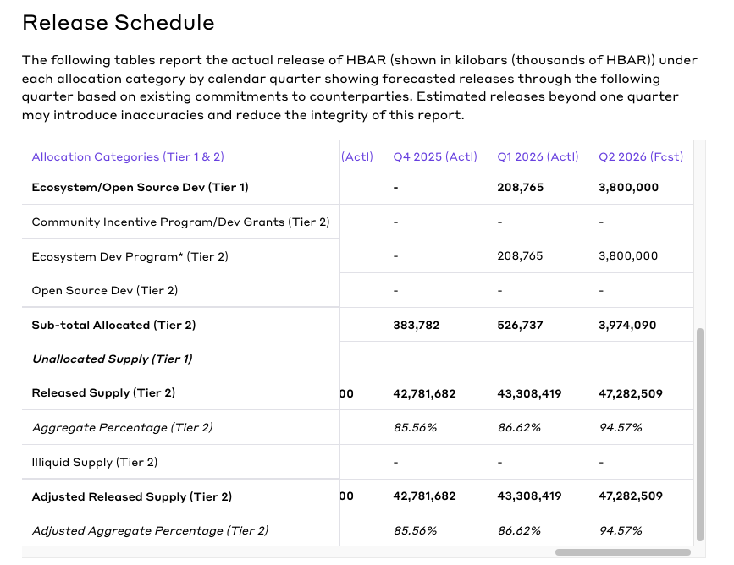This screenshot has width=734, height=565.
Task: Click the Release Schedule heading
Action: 119,23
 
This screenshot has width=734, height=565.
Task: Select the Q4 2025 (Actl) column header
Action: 435,157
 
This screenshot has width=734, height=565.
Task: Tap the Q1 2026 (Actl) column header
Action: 538,157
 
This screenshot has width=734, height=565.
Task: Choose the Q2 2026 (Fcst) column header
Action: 641,157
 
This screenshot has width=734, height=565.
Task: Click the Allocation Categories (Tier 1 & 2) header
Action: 128,157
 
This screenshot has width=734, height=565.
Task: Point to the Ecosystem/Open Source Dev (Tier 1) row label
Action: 140,188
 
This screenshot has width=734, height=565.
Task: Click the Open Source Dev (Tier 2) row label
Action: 104,291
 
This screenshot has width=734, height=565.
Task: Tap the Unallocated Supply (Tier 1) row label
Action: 113,359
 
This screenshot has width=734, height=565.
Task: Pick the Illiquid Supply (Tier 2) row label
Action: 95,462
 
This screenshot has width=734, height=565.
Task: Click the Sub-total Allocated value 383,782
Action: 417,326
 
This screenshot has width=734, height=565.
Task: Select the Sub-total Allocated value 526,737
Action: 521,326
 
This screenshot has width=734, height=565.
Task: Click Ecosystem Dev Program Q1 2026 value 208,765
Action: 521,256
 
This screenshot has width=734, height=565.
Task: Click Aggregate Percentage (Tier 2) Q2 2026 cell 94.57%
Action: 621,428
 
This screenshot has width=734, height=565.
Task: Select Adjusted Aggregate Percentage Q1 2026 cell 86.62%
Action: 519,531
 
